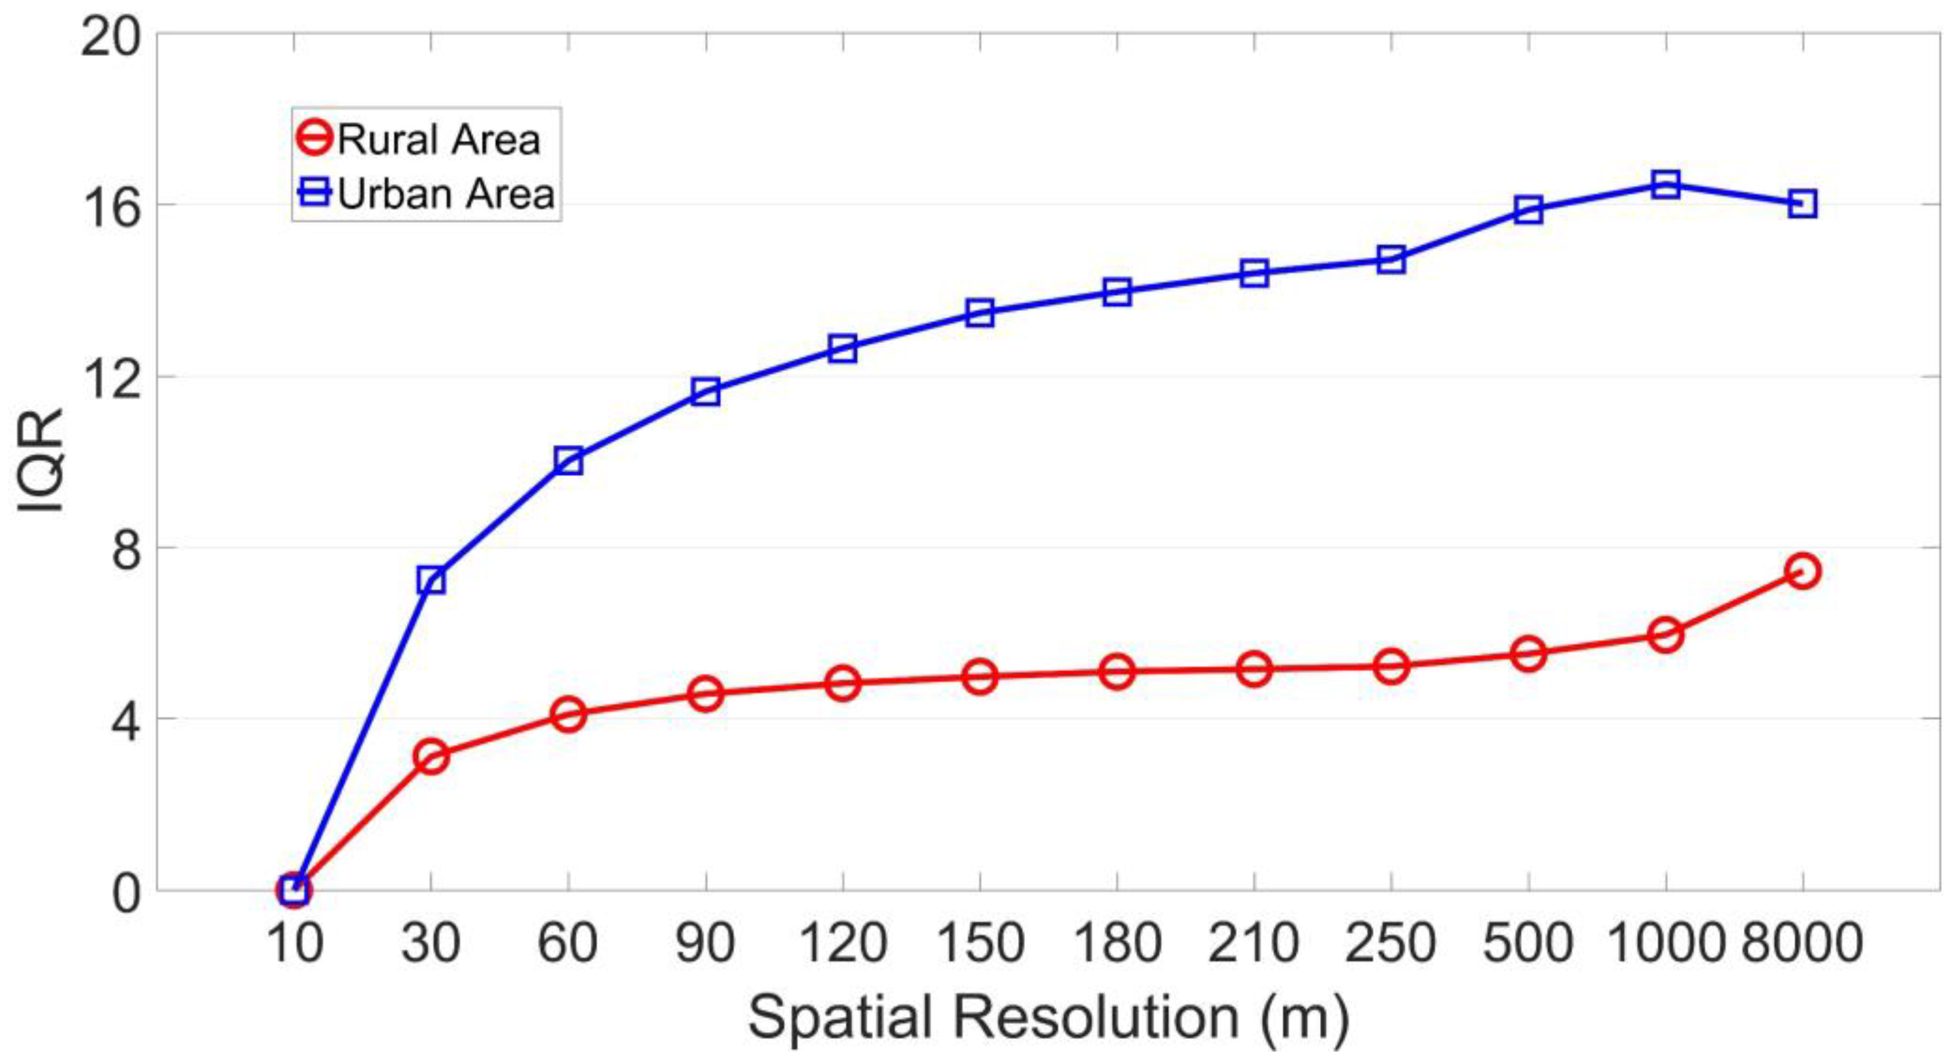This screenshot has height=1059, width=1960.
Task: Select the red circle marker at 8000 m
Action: pyautogui.click(x=1802, y=570)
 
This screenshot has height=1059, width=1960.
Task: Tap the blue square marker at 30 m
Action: pyautogui.click(x=431, y=581)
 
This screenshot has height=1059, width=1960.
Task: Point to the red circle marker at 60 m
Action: pyautogui.click(x=568, y=714)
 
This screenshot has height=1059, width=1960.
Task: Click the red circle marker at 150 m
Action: pyautogui.click(x=980, y=675)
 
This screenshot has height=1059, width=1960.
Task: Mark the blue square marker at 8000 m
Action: pyautogui.click(x=1802, y=204)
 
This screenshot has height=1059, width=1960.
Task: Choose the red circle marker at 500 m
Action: pyautogui.click(x=1529, y=654)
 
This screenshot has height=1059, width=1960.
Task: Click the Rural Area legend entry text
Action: pyautogui.click(x=438, y=140)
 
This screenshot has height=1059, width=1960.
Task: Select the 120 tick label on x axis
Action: pyautogui.click(x=843, y=943)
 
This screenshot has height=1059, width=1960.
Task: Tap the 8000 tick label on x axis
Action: pyautogui.click(x=1802, y=943)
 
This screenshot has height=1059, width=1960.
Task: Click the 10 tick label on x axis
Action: pyautogui.click(x=294, y=943)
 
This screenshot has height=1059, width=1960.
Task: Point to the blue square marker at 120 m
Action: pyautogui.click(x=843, y=349)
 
